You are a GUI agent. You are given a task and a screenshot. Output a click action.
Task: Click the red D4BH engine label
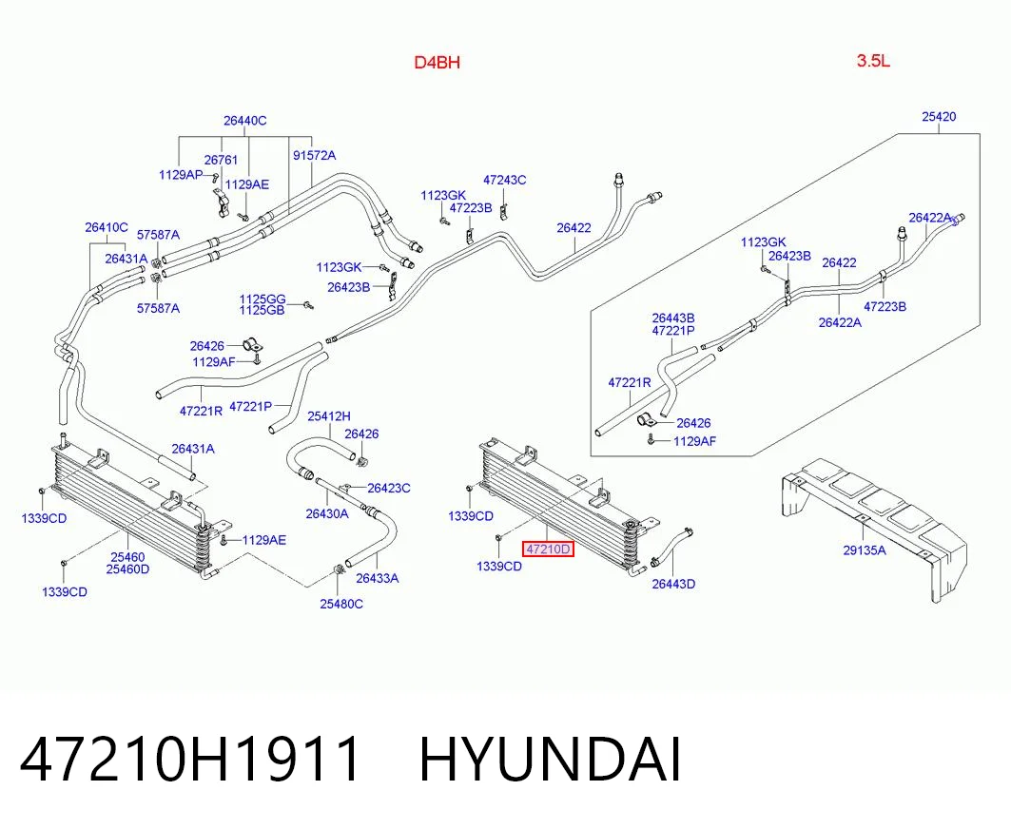point(437,63)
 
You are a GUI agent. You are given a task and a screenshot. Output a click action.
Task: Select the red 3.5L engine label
point(873,61)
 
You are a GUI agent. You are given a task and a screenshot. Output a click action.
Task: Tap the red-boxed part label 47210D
point(548,549)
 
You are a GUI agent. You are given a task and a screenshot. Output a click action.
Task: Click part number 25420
point(939,117)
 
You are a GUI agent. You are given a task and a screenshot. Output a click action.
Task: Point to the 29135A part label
point(864,549)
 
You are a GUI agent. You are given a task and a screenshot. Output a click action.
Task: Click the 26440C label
point(245,121)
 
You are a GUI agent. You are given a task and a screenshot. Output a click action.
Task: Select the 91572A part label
point(314,155)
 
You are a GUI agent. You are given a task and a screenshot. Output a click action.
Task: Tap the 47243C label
point(504,180)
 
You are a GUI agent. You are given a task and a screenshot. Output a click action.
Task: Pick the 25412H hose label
point(329,416)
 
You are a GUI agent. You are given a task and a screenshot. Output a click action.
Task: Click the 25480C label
point(341,604)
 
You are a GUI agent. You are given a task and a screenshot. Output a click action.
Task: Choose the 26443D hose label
point(673,584)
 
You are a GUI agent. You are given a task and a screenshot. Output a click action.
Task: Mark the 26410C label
point(107,227)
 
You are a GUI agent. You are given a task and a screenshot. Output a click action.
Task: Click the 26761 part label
point(222,160)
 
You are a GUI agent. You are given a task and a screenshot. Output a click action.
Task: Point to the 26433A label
point(378,578)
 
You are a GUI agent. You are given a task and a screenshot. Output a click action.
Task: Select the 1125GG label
point(262,299)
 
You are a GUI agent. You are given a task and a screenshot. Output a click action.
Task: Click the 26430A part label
point(327,513)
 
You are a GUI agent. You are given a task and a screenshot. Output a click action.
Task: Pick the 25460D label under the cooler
point(127,569)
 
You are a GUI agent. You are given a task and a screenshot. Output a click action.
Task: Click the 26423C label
point(389,488)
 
